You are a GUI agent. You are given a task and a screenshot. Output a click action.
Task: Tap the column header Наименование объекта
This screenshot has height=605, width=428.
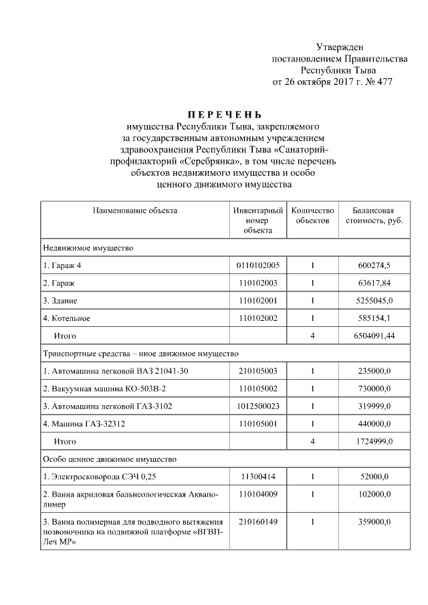tap(135, 211)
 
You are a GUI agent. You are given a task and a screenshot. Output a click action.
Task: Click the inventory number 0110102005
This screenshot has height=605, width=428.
tap(257, 265)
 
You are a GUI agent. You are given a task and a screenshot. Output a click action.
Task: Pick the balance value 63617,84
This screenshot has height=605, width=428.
tap(375, 283)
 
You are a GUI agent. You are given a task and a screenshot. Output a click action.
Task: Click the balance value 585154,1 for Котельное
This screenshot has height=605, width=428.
tap(375, 318)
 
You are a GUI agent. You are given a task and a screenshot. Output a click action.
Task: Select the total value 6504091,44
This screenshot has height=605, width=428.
tap(373, 335)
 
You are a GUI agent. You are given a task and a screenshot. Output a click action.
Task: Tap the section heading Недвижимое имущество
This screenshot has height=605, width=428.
tap(88, 248)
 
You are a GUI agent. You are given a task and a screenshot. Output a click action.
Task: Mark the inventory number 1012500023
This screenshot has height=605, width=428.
tap(257, 405)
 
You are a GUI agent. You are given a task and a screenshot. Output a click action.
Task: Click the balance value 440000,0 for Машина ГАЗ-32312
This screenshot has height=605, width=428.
tap(375, 422)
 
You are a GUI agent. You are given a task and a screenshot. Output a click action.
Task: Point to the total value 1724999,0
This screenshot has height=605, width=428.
tap(373, 441)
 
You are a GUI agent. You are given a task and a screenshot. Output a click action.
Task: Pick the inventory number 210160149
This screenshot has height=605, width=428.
tap(257, 521)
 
